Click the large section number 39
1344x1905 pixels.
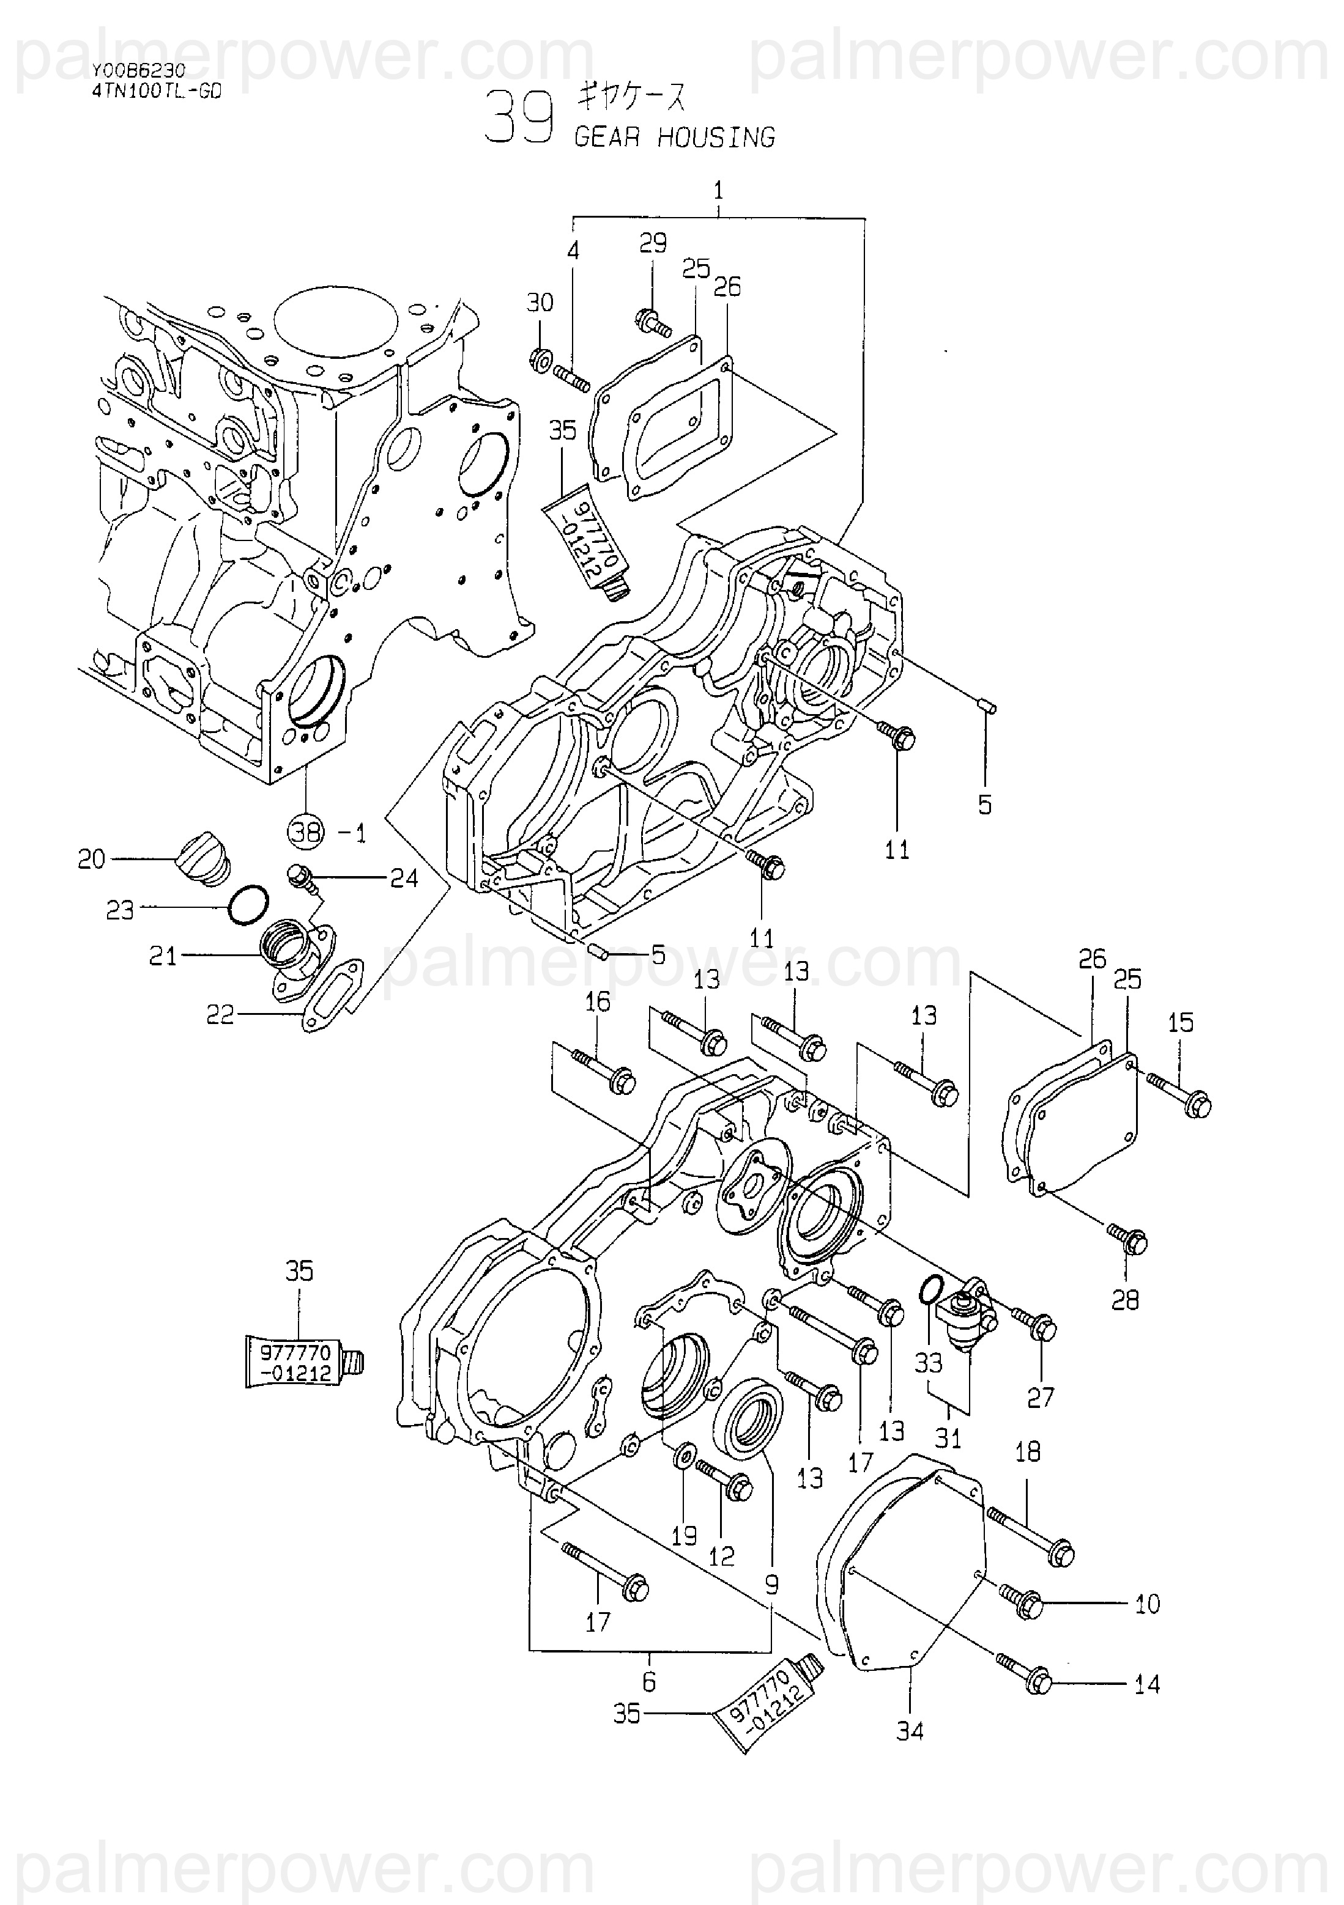pos(519,117)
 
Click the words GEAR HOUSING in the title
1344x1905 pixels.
pos(675,137)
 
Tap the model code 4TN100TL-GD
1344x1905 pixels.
pos(157,92)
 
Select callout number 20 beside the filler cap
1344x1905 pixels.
pos(91,859)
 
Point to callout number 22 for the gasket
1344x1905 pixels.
pos(220,1015)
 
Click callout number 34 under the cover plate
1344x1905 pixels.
pos(910,1731)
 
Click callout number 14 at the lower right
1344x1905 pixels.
pos(1147,1684)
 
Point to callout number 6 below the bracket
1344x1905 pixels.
pos(649,1682)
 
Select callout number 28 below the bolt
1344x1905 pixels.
pos(1125,1299)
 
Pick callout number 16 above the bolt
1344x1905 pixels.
pos(597,1001)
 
